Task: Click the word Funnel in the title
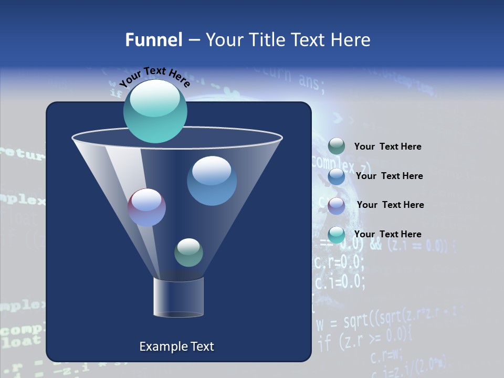(153, 39)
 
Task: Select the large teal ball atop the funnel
(155, 111)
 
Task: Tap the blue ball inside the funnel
(212, 181)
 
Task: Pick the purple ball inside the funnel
(146, 207)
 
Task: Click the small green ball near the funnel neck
(188, 253)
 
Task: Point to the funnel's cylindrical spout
(178, 297)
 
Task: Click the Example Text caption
(176, 346)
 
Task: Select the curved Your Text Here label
(154, 76)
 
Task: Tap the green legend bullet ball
(337, 146)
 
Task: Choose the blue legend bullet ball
(337, 176)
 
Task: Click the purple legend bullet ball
(337, 206)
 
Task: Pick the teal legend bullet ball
(337, 235)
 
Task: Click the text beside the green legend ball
(387, 146)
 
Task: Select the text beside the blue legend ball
(389, 176)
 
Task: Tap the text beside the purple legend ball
(390, 205)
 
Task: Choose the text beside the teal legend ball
(387, 234)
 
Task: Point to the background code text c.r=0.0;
(339, 261)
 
